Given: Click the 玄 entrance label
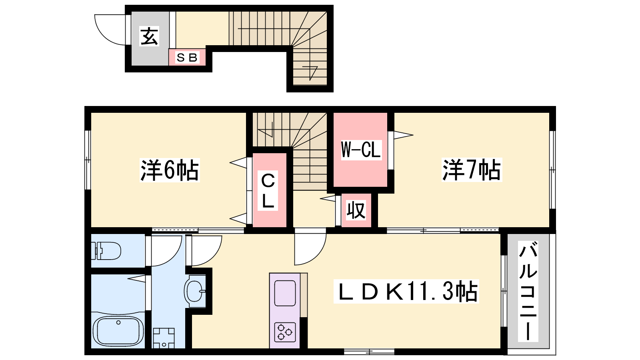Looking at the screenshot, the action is tap(149, 36).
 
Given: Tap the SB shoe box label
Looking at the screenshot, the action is tap(187, 58).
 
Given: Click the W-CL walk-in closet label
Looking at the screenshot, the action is tap(361, 150).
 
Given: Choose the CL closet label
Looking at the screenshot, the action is tap(268, 191).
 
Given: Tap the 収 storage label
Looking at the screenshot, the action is tap(356, 210).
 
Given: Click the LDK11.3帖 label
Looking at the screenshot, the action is tap(406, 292).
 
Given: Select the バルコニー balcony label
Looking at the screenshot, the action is tap(528, 291).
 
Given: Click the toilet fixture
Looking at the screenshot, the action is tap(106, 251).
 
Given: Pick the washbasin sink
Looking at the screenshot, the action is tap(195, 291).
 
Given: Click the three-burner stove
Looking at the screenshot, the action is tap(285, 332).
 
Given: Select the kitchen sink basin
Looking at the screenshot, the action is tap(285, 293).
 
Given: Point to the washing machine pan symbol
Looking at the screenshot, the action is tap(164, 338).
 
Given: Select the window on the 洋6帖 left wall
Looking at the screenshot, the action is tap(88, 160).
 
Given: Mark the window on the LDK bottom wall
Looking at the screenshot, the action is tap(369, 352).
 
